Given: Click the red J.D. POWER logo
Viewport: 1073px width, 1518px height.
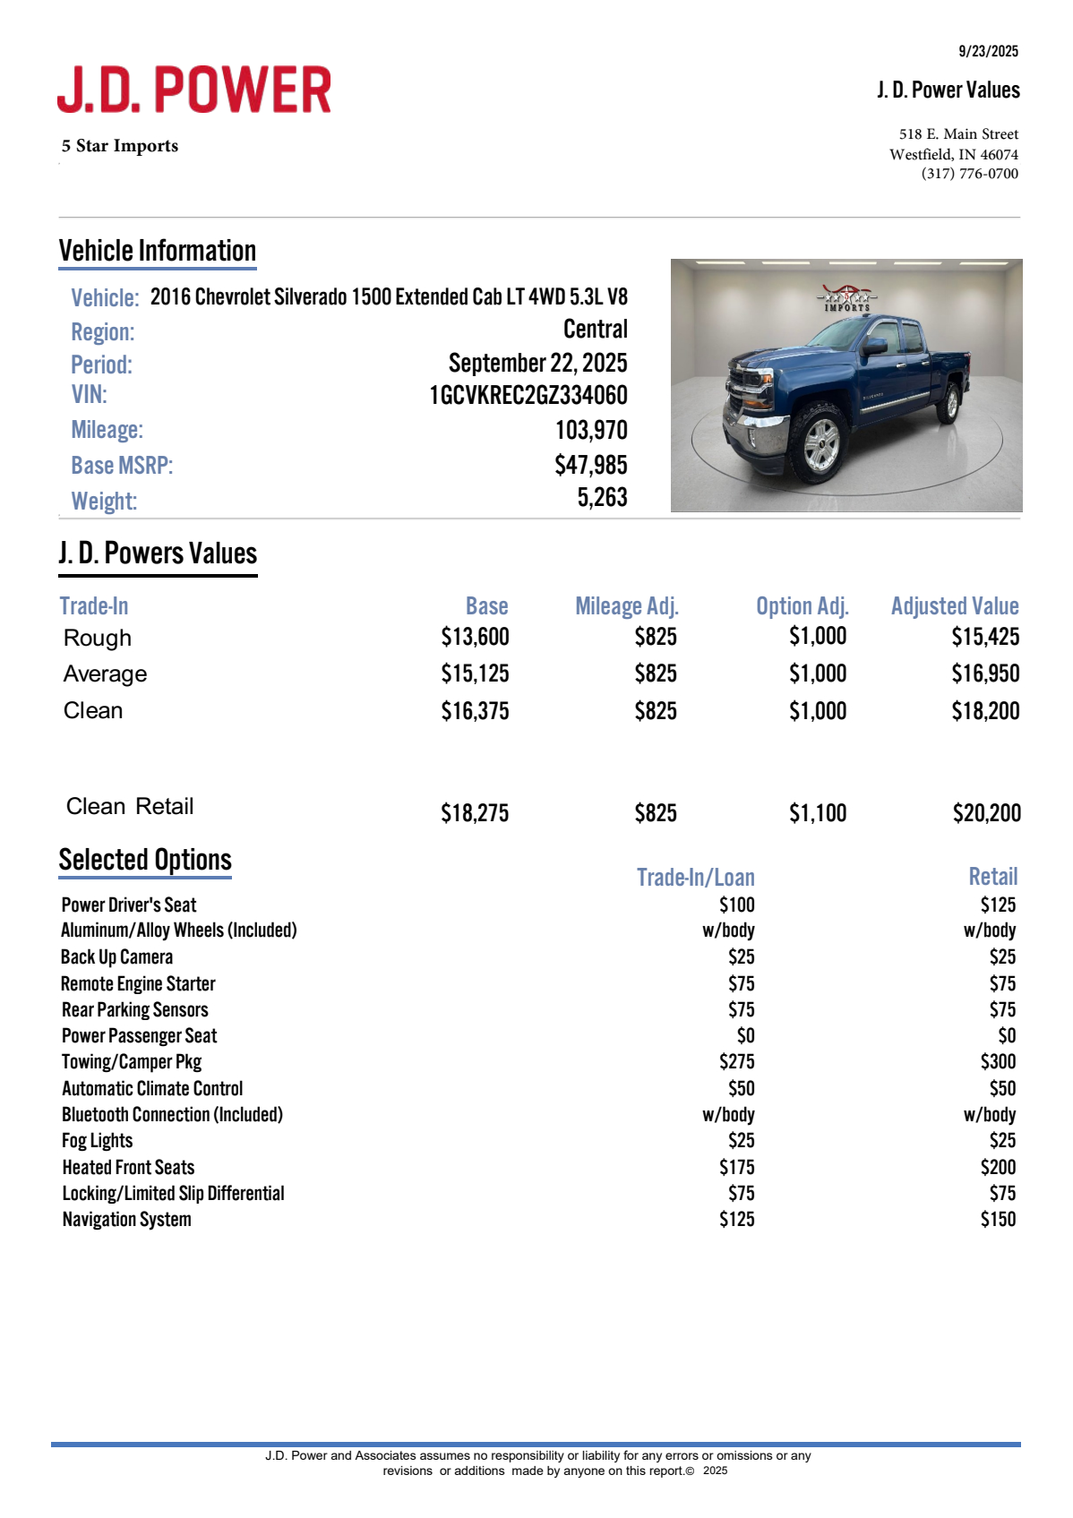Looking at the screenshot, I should (x=194, y=90).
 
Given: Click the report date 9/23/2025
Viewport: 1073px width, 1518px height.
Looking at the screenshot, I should (x=988, y=51).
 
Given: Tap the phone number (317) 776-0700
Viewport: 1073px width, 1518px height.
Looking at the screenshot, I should (x=969, y=174).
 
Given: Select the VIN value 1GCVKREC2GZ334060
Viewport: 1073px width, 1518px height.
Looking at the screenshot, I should (x=528, y=395).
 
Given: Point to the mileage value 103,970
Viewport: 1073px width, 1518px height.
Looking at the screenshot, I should (x=591, y=430).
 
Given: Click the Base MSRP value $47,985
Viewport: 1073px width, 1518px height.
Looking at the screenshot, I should (x=591, y=465).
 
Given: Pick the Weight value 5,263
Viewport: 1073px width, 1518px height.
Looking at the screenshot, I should (x=602, y=498).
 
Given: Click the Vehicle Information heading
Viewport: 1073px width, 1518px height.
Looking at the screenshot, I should (x=158, y=251).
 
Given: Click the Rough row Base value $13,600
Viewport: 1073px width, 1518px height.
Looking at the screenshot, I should (x=475, y=637).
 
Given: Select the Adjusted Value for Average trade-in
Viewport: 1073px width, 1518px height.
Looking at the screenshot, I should (x=985, y=673).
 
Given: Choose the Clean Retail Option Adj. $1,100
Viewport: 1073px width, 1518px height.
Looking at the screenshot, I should (x=818, y=813).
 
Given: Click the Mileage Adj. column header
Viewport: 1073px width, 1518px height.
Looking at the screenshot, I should (x=627, y=606).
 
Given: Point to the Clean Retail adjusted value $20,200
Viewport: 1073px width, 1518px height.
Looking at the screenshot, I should (x=986, y=813).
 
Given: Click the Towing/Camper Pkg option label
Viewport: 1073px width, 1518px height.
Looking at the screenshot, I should (x=132, y=1062).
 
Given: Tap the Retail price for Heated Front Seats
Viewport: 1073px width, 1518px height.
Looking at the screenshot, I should (x=998, y=1167).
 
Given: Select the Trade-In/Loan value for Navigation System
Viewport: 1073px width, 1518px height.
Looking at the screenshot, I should (x=736, y=1219).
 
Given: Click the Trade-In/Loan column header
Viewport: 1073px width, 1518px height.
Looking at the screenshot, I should (x=696, y=878).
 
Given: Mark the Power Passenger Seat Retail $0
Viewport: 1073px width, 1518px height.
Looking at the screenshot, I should (x=1007, y=1036).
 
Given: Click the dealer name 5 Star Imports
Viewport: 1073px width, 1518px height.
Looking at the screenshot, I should (x=120, y=146).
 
